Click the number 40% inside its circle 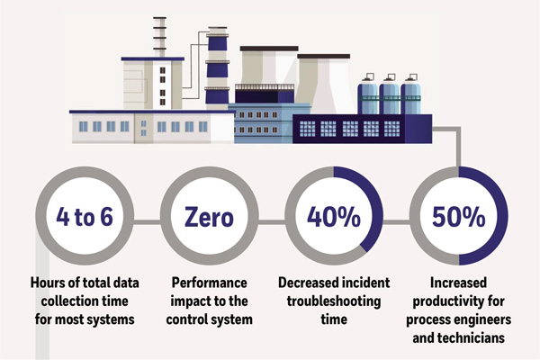334,217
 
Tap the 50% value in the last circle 459,217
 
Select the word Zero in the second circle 209,218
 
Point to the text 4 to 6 85,217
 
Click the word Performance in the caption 210,283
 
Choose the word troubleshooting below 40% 334,301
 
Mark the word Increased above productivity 459,283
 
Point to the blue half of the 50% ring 503,216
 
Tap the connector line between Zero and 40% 272,222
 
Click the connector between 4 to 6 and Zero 147,222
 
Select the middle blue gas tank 390,97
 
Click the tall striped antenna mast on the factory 159,37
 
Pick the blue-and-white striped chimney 217,68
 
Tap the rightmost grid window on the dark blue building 391,129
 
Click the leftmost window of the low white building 84,127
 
